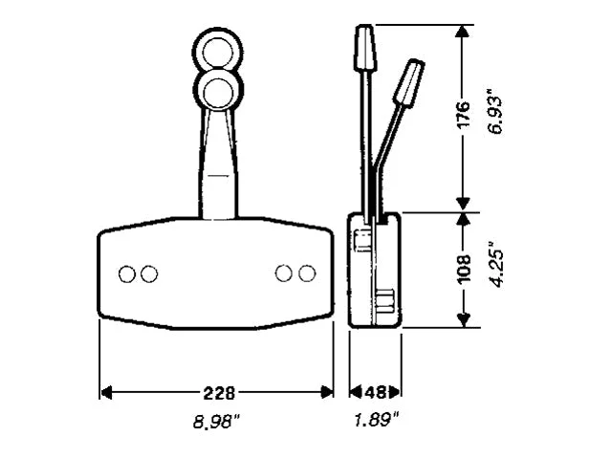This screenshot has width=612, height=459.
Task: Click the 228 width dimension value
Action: (x=219, y=393)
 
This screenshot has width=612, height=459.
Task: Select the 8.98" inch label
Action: (x=217, y=422)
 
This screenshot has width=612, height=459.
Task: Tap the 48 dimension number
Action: (x=375, y=392)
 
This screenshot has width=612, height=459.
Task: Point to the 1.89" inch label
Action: (x=376, y=421)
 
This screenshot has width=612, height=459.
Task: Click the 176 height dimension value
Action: (x=463, y=115)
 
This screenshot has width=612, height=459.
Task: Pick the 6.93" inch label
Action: (x=496, y=112)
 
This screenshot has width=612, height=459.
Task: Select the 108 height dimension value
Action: (x=464, y=270)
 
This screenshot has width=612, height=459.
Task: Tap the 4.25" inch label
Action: (x=496, y=265)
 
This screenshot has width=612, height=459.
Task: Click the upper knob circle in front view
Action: (x=218, y=52)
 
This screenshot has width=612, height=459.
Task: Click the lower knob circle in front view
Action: (x=219, y=90)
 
